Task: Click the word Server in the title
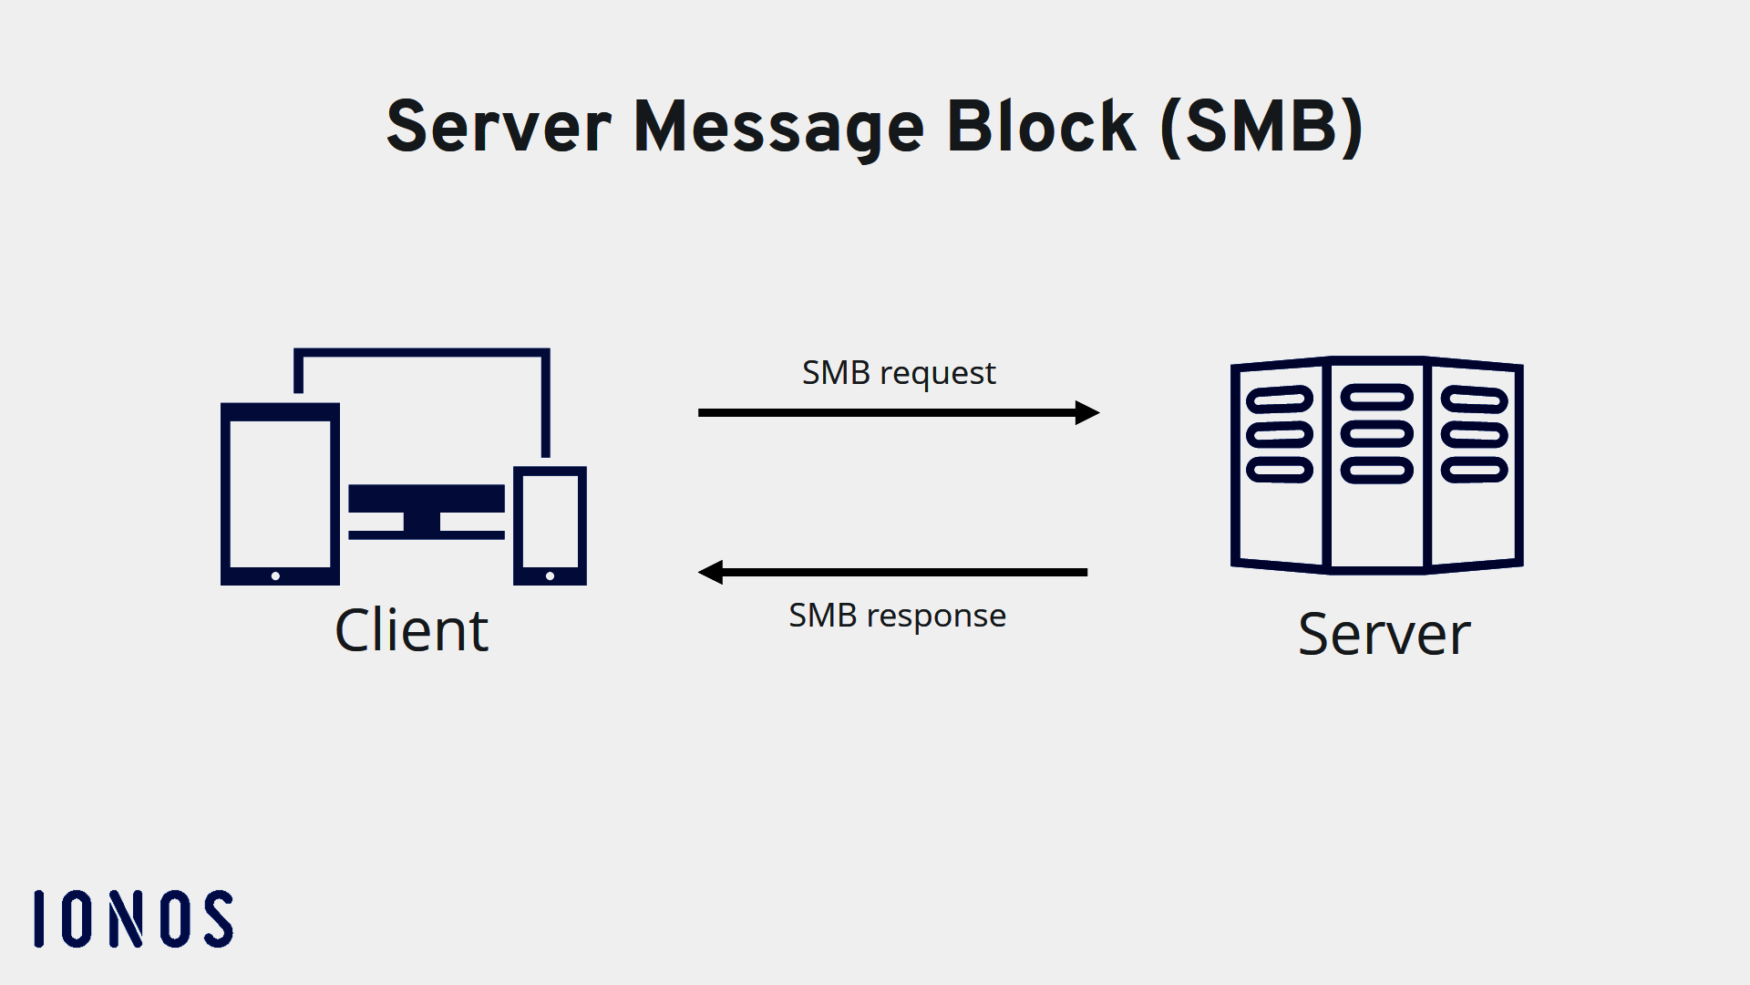click(x=499, y=127)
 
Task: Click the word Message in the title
click(x=778, y=127)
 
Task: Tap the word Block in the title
click(x=1041, y=127)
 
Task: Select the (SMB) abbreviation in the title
click(x=1262, y=127)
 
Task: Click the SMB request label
click(x=898, y=373)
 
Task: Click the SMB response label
click(x=897, y=616)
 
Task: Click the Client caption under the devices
click(x=411, y=630)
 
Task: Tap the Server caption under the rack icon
click(x=1384, y=634)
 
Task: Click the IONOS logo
click(x=134, y=919)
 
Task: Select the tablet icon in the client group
click(x=280, y=493)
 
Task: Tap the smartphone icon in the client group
click(x=550, y=526)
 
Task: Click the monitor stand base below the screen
click(x=426, y=534)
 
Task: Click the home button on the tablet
click(x=275, y=576)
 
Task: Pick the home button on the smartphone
click(x=550, y=576)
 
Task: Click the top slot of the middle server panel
click(x=1376, y=397)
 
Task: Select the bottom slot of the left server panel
click(x=1280, y=471)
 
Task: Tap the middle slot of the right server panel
click(x=1474, y=435)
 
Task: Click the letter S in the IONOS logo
click(x=219, y=919)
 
